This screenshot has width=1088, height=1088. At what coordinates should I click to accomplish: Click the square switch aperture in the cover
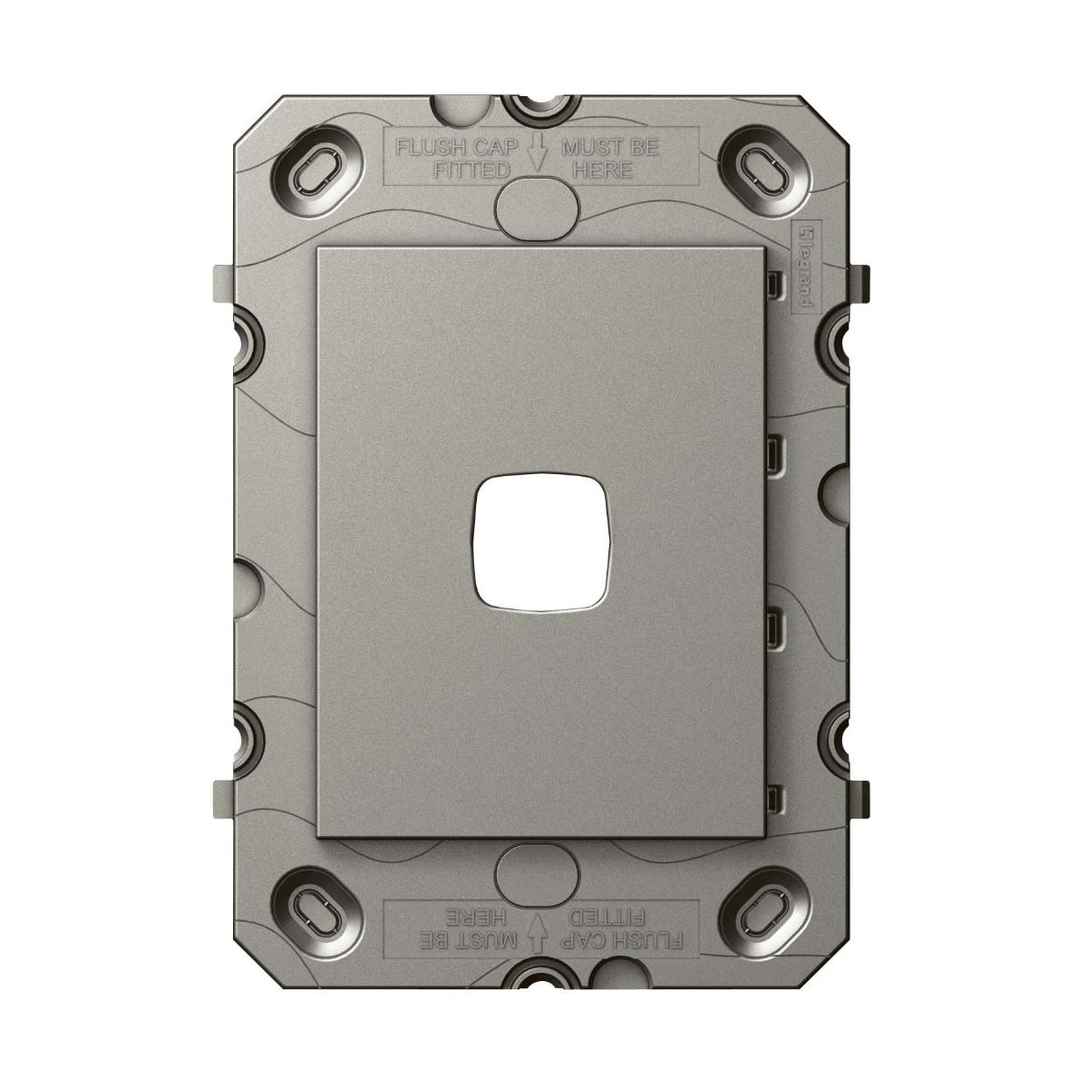click(x=543, y=543)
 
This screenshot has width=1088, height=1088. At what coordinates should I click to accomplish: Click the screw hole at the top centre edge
click(x=540, y=105)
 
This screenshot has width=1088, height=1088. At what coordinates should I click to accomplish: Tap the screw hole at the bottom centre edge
click(x=540, y=981)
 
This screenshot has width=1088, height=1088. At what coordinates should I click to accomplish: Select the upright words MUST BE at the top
click(x=610, y=146)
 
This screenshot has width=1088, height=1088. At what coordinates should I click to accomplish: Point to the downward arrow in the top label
click(x=537, y=151)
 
